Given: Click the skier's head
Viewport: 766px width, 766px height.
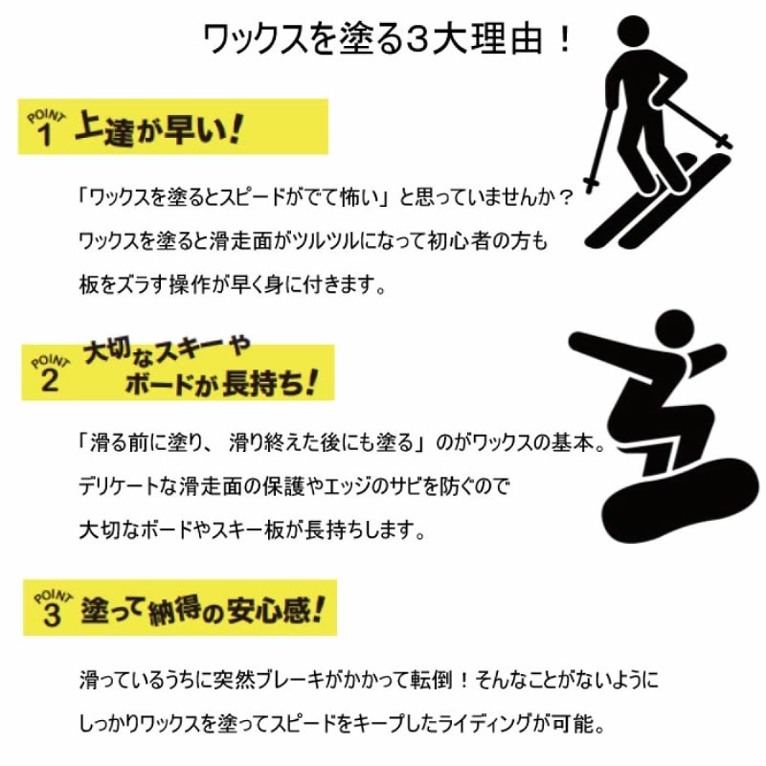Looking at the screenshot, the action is click(633, 34).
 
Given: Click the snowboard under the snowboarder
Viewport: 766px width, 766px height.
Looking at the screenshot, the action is click(681, 501).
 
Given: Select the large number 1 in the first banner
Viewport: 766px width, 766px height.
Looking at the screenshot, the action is click(45, 135).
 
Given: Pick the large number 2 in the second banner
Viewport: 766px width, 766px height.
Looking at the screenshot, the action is click(50, 380).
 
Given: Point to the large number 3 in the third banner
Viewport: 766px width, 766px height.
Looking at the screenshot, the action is click(52, 615).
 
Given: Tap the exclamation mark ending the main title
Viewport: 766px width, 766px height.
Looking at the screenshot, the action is click(565, 39).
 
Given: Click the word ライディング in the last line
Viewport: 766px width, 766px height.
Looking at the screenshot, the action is click(484, 724).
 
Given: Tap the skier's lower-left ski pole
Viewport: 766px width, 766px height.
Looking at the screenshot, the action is click(600, 148).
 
